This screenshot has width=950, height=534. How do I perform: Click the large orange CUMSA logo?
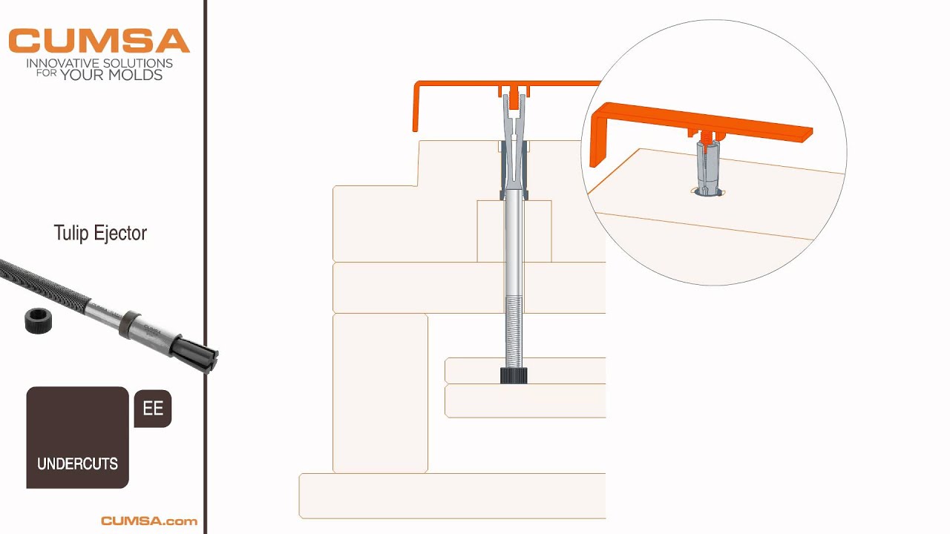pos(99,41)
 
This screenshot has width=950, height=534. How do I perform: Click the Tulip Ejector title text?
pos(100,233)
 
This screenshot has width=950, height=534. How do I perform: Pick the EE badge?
pos(153,409)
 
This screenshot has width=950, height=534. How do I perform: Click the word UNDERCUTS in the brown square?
pos(77,464)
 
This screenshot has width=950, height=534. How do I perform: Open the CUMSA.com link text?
pos(149,521)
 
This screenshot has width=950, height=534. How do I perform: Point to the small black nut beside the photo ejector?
pos(38,320)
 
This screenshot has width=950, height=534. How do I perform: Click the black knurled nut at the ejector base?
pos(514,376)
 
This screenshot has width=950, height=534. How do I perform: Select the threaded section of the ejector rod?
pos(514,332)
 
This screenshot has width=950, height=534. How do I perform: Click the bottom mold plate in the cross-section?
pos(452,496)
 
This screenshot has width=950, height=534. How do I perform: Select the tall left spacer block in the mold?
pos(380,393)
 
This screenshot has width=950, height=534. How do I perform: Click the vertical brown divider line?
pos(206,267)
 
